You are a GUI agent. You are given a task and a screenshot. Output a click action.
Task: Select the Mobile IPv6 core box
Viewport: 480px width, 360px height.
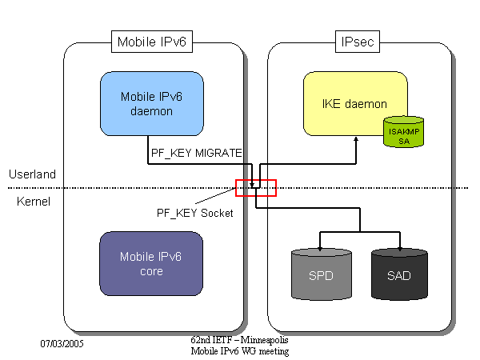(x=151, y=264)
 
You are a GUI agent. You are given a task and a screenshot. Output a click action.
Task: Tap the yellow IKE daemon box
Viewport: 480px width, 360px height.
(x=354, y=103)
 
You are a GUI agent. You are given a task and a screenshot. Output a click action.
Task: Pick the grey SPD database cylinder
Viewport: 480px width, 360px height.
(x=320, y=275)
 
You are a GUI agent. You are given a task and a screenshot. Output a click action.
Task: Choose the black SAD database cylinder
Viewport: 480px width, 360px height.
(x=400, y=275)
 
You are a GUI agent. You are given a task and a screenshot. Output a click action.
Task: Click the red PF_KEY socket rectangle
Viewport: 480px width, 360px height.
(x=255, y=188)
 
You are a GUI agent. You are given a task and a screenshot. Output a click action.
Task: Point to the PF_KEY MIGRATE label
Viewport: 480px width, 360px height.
(x=196, y=151)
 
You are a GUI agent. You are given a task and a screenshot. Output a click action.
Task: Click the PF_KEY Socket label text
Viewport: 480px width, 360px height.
(x=194, y=213)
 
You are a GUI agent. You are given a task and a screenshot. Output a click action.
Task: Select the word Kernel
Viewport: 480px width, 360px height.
(x=34, y=201)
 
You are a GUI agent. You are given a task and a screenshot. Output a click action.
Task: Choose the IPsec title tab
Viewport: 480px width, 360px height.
(x=357, y=42)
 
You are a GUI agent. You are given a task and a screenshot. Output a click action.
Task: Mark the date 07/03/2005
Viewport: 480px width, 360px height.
(x=62, y=343)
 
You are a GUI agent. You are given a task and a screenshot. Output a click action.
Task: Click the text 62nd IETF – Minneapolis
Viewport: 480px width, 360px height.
(x=238, y=341)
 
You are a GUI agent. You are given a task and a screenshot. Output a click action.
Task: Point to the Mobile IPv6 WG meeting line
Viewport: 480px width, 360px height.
(x=239, y=351)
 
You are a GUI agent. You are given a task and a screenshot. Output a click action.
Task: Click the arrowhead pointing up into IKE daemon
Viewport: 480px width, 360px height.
(x=356, y=139)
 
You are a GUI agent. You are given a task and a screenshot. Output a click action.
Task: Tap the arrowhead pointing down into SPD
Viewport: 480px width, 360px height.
(x=320, y=244)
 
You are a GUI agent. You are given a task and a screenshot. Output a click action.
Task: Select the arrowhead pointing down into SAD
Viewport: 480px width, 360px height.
(x=399, y=244)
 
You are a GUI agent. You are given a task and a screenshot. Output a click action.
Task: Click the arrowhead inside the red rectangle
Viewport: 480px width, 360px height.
(x=253, y=186)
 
